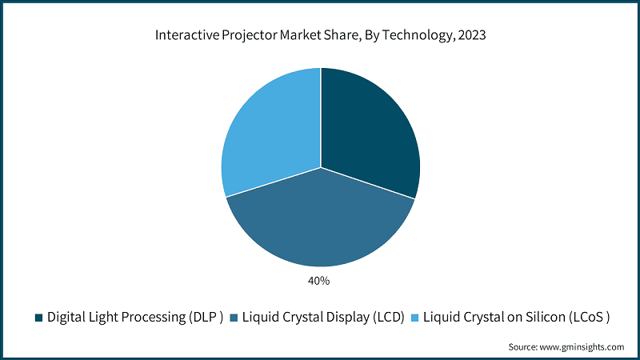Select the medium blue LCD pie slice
320,224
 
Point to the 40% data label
320,281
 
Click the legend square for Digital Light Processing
38,318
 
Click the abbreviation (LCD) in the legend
384,318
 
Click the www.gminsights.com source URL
580,347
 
